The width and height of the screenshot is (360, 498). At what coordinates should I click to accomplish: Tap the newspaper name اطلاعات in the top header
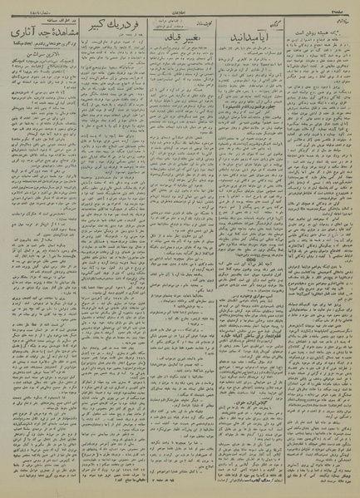tap(180, 6)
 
